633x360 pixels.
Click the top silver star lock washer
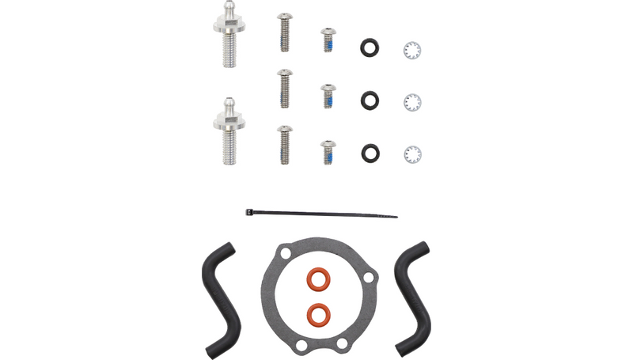[x=412, y=50]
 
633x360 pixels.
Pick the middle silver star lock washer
[x=412, y=102]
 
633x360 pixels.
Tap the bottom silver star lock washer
[x=412, y=153]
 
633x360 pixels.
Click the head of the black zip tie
[x=250, y=211]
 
